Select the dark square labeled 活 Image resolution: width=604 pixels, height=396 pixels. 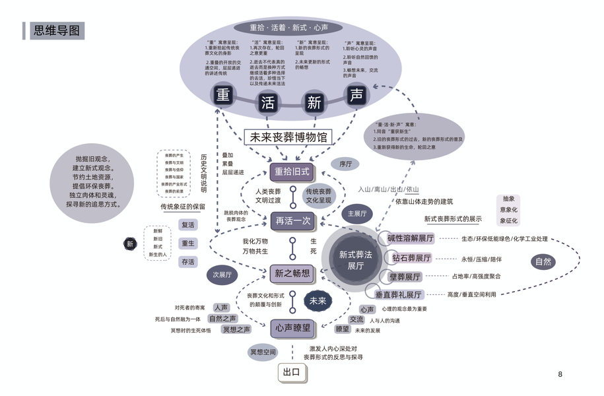tap(268, 102)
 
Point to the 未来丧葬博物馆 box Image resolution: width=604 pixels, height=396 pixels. tap(288, 137)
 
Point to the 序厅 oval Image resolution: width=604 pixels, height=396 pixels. tap(345, 164)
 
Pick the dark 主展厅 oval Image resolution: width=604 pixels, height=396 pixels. tap(356, 214)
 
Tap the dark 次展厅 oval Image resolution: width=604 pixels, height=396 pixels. tap(222, 275)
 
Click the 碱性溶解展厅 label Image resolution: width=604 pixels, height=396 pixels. tap(410, 238)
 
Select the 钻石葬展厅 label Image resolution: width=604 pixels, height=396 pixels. tap(411, 258)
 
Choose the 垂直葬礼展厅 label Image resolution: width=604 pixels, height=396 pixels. tap(399, 294)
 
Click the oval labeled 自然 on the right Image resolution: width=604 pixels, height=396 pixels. tap(543, 262)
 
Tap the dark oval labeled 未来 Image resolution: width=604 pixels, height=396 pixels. tap(318, 301)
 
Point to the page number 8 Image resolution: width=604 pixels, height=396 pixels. tap(560, 374)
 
